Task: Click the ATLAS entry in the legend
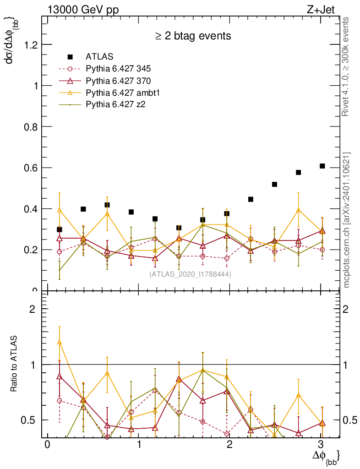[x=99, y=57]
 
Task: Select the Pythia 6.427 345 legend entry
[x=118, y=69]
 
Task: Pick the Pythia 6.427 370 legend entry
[x=118, y=81]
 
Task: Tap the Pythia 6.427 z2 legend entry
[x=115, y=104]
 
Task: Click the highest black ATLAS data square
[x=322, y=166]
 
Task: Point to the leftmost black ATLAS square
[x=59, y=229]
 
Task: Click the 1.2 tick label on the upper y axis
[x=29, y=44]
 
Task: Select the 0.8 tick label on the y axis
[x=29, y=126]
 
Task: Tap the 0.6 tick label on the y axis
[x=29, y=168]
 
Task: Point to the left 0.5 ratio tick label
[x=29, y=420]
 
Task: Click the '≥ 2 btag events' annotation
[x=192, y=36]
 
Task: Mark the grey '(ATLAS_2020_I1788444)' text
[x=190, y=274]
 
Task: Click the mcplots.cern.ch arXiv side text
[x=347, y=220]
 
